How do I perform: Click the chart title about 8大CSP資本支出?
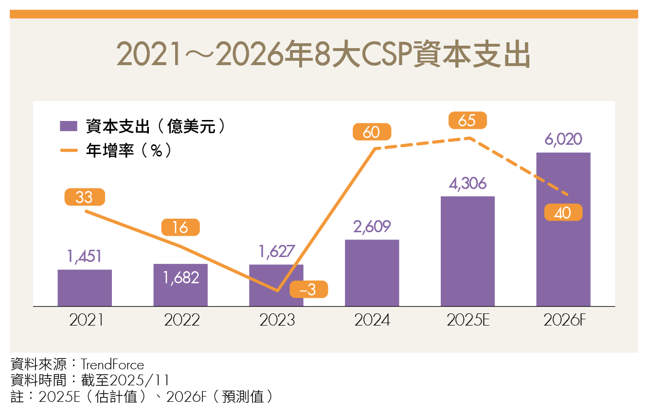[x=324, y=55]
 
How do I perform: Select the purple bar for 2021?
[x=85, y=288]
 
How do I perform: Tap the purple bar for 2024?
[x=372, y=273]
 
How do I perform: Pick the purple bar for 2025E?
[x=468, y=251]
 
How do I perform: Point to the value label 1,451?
[x=85, y=257]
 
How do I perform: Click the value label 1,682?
[x=181, y=277]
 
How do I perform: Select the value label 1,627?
[x=276, y=251]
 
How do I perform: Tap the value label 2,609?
[x=372, y=226]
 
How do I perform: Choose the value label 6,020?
[x=563, y=139]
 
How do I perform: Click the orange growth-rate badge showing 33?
[x=84, y=197]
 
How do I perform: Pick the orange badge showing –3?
[x=308, y=290]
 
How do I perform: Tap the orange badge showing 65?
[x=467, y=120]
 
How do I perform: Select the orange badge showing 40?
[x=563, y=212]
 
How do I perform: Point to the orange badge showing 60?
[x=372, y=132]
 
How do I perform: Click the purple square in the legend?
[x=69, y=126]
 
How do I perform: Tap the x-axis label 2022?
[x=181, y=320]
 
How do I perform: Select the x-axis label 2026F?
[x=563, y=320]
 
